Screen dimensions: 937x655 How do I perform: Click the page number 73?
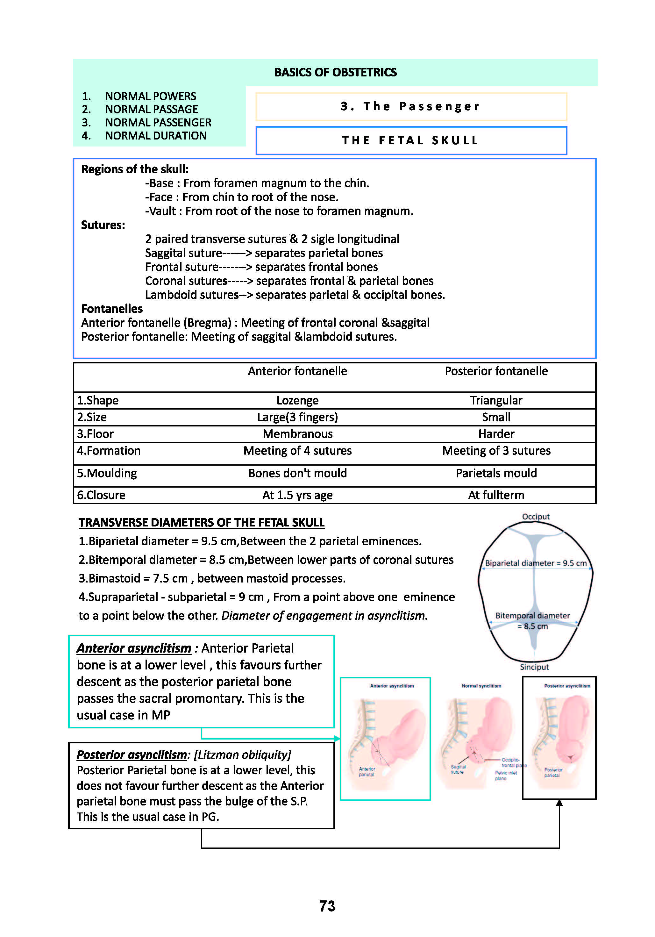[x=327, y=906]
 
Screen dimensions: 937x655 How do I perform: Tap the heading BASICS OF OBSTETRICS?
[x=335, y=72]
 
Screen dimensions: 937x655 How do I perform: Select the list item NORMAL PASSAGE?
[x=151, y=109]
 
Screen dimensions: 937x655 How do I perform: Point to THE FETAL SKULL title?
[x=410, y=140]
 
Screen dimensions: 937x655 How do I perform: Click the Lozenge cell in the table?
[x=297, y=400]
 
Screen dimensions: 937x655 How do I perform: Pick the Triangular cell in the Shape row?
[x=496, y=400]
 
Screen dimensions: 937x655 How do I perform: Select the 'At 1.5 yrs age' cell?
[x=297, y=495]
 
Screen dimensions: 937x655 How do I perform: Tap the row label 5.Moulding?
[x=107, y=473]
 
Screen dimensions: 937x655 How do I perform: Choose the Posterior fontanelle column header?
[x=496, y=371]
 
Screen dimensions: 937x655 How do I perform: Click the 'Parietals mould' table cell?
[x=496, y=473]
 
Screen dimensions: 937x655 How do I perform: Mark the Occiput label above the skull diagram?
[x=535, y=517]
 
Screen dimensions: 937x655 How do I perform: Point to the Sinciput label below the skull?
[x=534, y=667]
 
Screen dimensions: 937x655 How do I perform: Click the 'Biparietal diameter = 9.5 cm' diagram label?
[x=535, y=563]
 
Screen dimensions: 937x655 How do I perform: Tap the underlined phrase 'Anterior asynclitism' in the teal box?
[x=134, y=648]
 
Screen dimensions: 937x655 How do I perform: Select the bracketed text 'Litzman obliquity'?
[x=242, y=755]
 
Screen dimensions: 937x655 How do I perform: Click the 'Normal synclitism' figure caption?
[x=481, y=686]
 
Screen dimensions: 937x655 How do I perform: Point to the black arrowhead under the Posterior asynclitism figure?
[x=559, y=803]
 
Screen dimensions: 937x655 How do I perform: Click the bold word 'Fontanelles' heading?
[x=112, y=309]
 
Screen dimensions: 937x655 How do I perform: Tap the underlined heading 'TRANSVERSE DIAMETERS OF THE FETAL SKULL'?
[x=201, y=523]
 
